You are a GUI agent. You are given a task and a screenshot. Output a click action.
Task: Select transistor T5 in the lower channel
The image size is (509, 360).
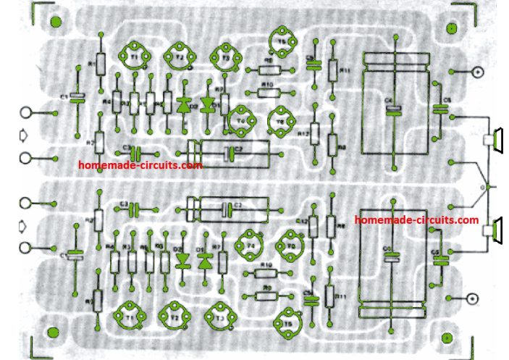pos(288,319)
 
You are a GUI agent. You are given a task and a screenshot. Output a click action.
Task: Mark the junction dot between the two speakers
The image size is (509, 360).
pos(487,188)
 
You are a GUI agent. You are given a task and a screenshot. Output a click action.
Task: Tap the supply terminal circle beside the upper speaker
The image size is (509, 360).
pos(477,72)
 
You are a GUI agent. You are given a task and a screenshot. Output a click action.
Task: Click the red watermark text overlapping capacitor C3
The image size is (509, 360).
pos(140,165)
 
